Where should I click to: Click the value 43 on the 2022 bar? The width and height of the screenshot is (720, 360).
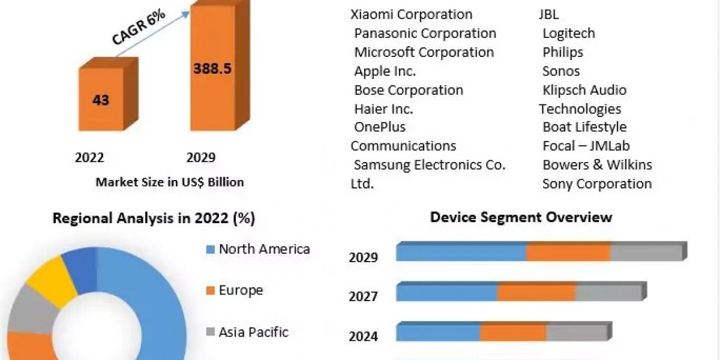pyautogui.click(x=101, y=100)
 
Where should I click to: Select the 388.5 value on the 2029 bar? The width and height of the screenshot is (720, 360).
pyautogui.click(x=212, y=68)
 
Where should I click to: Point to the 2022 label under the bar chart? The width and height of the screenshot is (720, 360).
pyautogui.click(x=89, y=158)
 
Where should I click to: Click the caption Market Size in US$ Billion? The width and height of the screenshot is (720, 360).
pyautogui.click(x=170, y=182)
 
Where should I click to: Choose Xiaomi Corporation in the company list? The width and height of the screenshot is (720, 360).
pyautogui.click(x=412, y=14)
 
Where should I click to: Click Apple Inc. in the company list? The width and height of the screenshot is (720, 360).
pyautogui.click(x=385, y=71)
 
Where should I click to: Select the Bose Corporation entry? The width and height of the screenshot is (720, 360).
pyautogui.click(x=409, y=90)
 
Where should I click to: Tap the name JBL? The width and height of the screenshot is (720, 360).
pyautogui.click(x=548, y=14)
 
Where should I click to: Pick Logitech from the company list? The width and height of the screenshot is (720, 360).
pyautogui.click(x=569, y=34)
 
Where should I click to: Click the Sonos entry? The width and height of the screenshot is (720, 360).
pyautogui.click(x=561, y=71)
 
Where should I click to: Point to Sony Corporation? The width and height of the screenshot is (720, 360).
pyautogui.click(x=597, y=184)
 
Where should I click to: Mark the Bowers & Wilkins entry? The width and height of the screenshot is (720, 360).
pyautogui.click(x=597, y=165)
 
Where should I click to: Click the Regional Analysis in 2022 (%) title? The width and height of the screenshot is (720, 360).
pyautogui.click(x=154, y=218)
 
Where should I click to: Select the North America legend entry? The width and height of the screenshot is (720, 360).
pyautogui.click(x=264, y=249)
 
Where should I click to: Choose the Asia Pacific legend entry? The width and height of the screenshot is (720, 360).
pyautogui.click(x=253, y=332)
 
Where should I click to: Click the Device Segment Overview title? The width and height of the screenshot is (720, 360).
pyautogui.click(x=521, y=217)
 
